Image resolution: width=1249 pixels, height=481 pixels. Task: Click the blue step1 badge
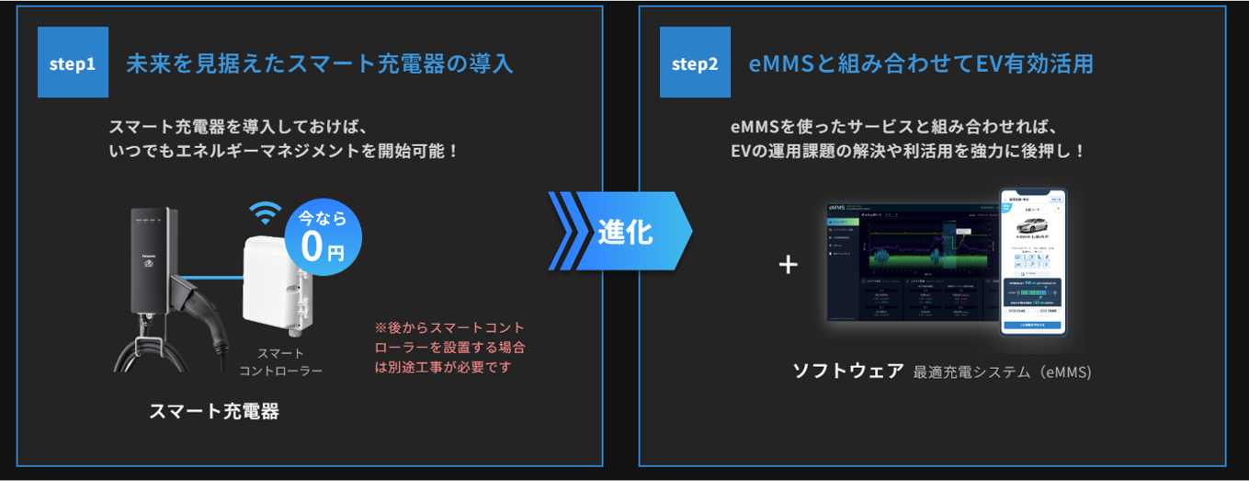pyautogui.click(x=73, y=63)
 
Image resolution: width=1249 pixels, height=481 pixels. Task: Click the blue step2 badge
pyautogui.click(x=695, y=63)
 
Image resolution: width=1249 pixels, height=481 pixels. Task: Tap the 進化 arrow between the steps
pyautogui.click(x=621, y=231)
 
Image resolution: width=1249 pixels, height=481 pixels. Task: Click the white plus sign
pyautogui.click(x=788, y=265)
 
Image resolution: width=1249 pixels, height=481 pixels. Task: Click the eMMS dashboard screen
pyautogui.click(x=910, y=262)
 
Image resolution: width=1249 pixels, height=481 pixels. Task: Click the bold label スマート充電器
pyautogui.click(x=213, y=411)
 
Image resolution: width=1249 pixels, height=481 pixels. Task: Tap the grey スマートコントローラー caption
pyautogui.click(x=280, y=361)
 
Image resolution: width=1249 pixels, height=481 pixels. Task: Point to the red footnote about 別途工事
pyautogui.click(x=450, y=347)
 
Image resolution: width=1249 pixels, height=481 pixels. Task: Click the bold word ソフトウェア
pyautogui.click(x=847, y=371)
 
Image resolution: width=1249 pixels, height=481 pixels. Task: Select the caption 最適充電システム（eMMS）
pyautogui.click(x=1002, y=372)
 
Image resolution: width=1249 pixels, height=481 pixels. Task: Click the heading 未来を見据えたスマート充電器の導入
pyautogui.click(x=319, y=63)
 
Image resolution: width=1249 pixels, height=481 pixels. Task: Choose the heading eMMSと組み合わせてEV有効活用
pyautogui.click(x=921, y=63)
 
